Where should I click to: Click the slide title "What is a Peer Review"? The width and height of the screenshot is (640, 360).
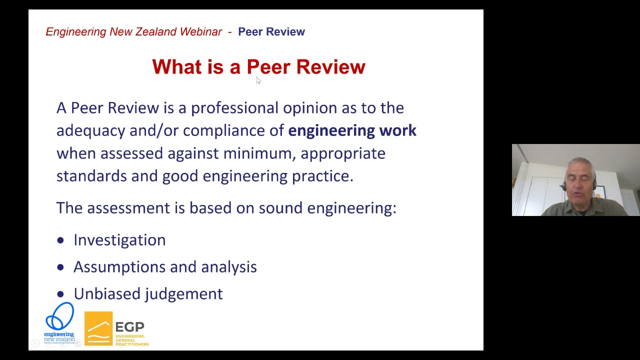pos(258,67)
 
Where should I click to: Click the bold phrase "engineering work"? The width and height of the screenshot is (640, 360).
pos(352,130)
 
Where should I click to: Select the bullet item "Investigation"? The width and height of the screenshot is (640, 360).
pos(119,240)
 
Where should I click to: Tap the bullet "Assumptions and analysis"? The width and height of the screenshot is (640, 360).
pos(165,267)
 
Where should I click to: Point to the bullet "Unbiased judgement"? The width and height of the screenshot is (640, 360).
pos(148,294)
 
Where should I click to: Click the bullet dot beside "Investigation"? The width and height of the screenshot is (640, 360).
pos(60,240)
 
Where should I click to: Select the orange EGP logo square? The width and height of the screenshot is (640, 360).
pos(98,328)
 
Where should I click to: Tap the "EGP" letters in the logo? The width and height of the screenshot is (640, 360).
pos(129,327)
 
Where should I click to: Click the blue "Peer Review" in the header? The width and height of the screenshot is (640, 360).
pos(271,32)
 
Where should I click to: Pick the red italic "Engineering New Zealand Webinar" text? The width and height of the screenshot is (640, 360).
pos(133,32)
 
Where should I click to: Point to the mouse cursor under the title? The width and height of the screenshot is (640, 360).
pos(258,80)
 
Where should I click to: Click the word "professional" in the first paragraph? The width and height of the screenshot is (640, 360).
pos(234,108)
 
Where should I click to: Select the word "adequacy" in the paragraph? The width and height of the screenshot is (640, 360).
pos(90,131)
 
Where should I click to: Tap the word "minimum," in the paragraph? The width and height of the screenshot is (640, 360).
pos(259,153)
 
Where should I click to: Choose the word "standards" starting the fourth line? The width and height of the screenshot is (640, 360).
pos(91,176)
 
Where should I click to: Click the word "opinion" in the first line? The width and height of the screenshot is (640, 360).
pos(310,108)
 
